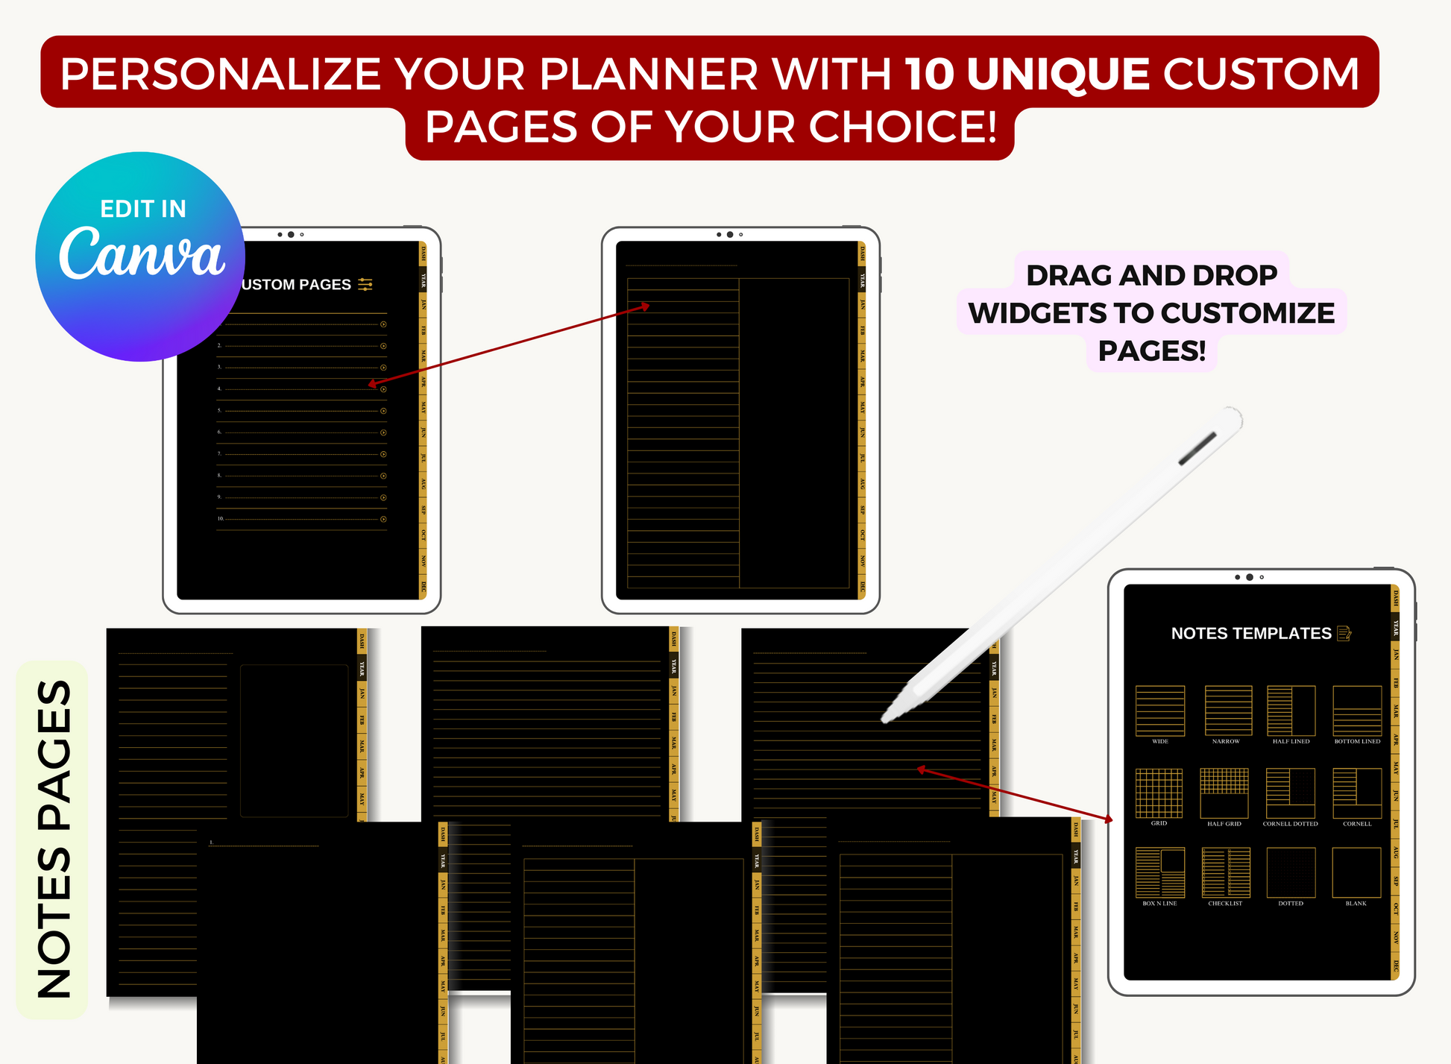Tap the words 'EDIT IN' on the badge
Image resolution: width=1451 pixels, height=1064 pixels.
pyautogui.click(x=143, y=209)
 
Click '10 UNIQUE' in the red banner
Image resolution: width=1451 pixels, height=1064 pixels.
pyautogui.click(x=1027, y=74)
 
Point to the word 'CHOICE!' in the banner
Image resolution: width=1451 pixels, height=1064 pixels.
pyautogui.click(x=903, y=127)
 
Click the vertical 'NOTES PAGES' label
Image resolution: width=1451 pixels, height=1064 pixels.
pyautogui.click(x=54, y=839)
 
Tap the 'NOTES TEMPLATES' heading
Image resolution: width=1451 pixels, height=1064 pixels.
pyautogui.click(x=1250, y=634)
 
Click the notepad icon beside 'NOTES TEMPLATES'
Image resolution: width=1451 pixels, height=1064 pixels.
pyautogui.click(x=1344, y=634)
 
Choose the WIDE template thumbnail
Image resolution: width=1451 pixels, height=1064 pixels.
pyautogui.click(x=1159, y=711)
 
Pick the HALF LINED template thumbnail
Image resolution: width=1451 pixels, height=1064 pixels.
pyautogui.click(x=1291, y=711)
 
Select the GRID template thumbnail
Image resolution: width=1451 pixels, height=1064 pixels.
pyautogui.click(x=1159, y=793)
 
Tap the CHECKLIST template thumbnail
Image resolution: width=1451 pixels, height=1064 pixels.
pyautogui.click(x=1225, y=872)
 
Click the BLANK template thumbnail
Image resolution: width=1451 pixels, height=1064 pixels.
pyautogui.click(x=1356, y=872)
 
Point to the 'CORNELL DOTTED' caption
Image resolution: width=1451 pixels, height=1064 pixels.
pyautogui.click(x=1290, y=824)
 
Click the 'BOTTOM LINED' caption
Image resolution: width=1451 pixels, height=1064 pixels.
pyautogui.click(x=1357, y=742)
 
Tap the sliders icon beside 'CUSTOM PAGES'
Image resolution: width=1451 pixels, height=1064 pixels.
pyautogui.click(x=365, y=284)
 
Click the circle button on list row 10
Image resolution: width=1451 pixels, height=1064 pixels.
pyautogui.click(x=383, y=519)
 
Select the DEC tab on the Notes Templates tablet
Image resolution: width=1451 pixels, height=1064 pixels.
pyautogui.click(x=1395, y=966)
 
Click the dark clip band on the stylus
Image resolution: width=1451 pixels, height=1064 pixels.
pyautogui.click(x=1197, y=449)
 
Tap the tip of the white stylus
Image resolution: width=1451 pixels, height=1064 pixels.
pyautogui.click(x=885, y=719)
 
